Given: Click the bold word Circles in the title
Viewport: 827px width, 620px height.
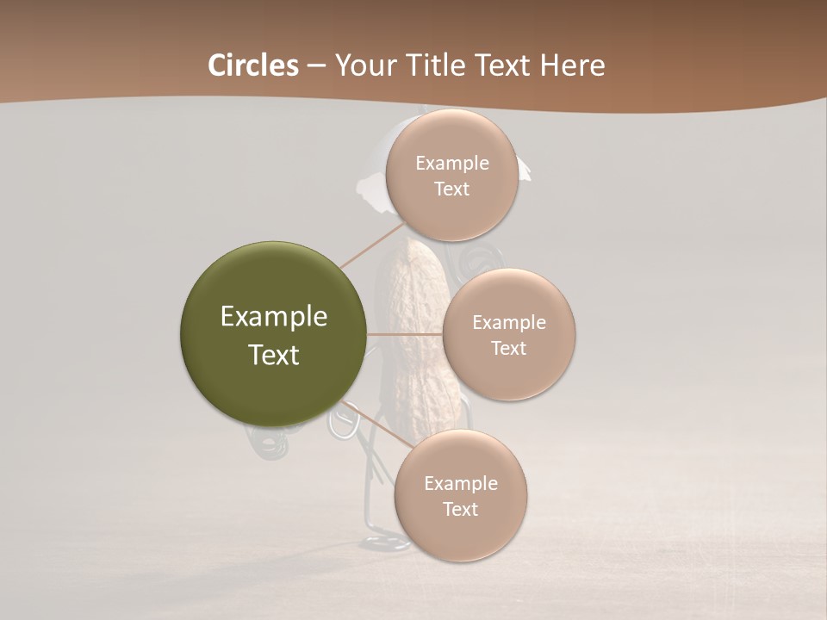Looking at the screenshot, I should tap(253, 65).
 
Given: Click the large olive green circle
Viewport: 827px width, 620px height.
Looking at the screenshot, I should tap(274, 334).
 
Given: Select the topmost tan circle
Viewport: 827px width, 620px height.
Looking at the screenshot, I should tap(451, 176).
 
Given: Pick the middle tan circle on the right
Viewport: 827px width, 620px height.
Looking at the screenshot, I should tap(508, 335).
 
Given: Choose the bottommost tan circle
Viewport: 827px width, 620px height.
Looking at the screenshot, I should tap(460, 496).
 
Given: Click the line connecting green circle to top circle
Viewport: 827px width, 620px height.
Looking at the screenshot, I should tap(373, 245).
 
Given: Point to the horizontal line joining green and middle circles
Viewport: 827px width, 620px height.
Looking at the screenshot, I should tap(405, 334).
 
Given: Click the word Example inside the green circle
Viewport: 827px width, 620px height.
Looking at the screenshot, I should tap(274, 317).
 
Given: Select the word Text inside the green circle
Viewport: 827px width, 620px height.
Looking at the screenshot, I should tap(274, 355).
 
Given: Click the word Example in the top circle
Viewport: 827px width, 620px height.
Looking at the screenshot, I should tap(451, 164).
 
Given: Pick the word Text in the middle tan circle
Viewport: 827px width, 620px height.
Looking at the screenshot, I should tap(508, 349).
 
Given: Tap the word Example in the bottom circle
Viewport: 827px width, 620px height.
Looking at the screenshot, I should tap(460, 483).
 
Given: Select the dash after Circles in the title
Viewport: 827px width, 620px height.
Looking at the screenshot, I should tap(315, 65).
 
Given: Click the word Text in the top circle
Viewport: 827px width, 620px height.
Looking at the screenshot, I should tap(451, 189).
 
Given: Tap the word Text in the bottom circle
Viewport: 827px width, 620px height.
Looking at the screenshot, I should tap(460, 510).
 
